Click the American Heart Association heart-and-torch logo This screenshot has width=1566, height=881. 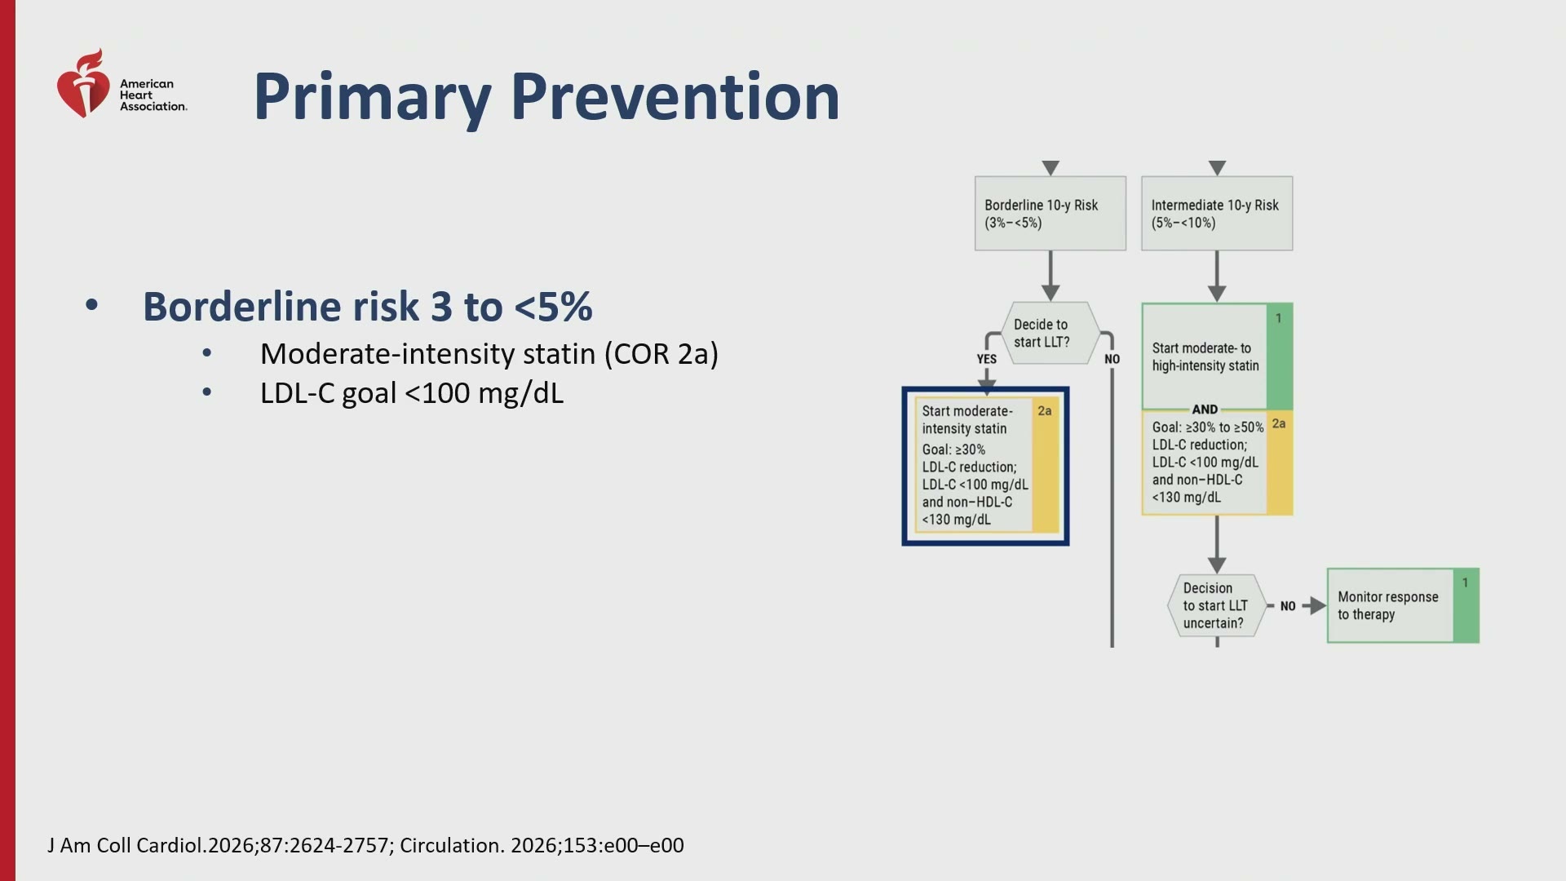coord(82,84)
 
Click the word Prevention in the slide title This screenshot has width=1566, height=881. coord(675,97)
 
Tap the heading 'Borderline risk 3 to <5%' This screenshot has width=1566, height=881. coord(368,307)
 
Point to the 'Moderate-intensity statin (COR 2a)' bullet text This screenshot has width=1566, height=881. coord(489,354)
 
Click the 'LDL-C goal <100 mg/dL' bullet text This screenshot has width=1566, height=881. coord(412,393)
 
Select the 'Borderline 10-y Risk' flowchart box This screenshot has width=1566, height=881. coord(1051,214)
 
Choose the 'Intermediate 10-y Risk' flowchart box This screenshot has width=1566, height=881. coord(1217,214)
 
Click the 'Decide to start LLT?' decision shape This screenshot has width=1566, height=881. coord(1051,333)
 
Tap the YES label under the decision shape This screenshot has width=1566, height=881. coord(987,359)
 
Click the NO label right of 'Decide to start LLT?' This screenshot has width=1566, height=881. coord(1112,359)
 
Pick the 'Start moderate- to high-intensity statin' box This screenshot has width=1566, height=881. coord(1217,356)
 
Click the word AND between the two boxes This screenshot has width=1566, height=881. coord(1205,410)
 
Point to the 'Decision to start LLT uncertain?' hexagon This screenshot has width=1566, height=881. coord(1216,605)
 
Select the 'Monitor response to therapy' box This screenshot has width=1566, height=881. coord(1403,605)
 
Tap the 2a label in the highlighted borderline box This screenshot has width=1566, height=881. coord(1045,411)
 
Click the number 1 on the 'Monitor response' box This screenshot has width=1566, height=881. coord(1466,582)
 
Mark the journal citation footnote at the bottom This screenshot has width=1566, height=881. coord(365,845)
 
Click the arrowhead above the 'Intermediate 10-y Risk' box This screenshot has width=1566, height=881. coord(1217,168)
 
